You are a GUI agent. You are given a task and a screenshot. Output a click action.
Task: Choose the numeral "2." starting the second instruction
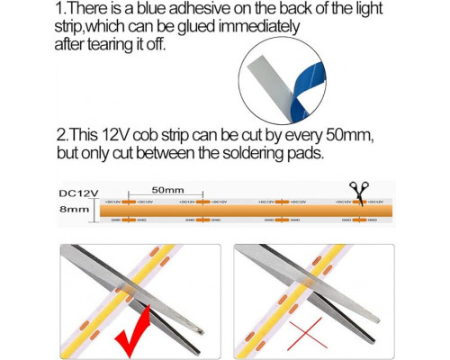62,135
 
